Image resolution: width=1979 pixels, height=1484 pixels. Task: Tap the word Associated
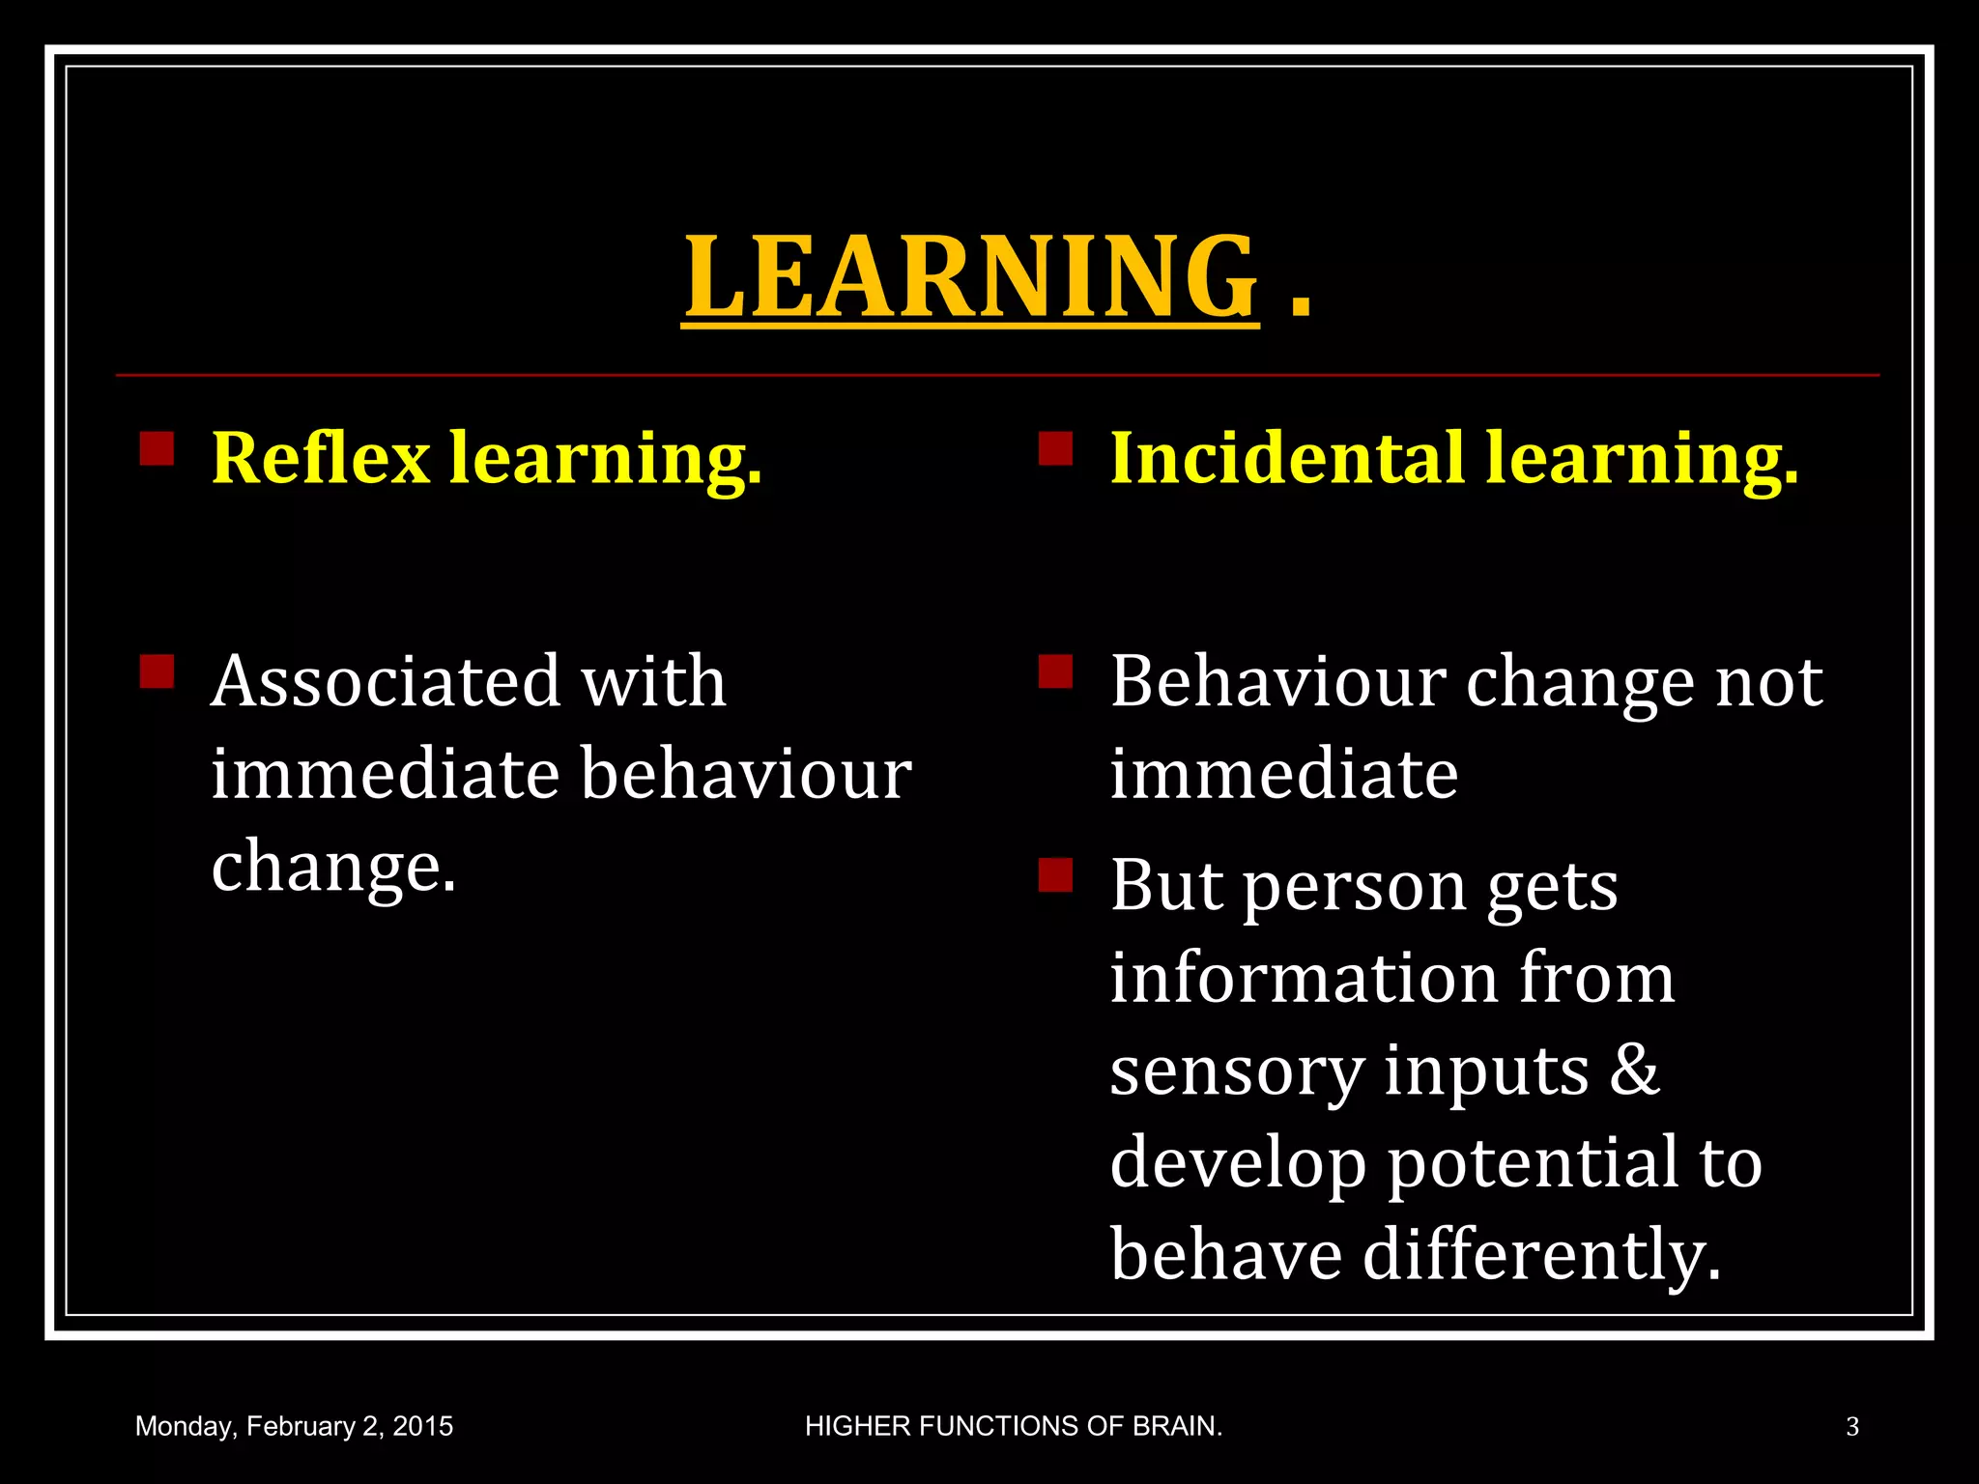(385, 681)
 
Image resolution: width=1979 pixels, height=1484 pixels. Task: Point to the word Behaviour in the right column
(1277, 681)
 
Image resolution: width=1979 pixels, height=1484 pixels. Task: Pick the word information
(1304, 978)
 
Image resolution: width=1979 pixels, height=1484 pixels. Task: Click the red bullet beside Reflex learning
(157, 448)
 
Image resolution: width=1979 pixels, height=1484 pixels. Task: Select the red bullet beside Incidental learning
(1055, 448)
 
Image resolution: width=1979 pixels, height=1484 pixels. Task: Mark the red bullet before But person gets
(1055, 874)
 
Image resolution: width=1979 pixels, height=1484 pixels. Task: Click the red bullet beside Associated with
(157, 671)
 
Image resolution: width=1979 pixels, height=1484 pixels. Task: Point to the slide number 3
(1851, 1427)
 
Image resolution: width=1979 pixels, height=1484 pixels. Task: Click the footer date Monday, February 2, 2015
(294, 1427)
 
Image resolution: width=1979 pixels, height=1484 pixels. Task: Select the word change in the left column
(333, 867)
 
